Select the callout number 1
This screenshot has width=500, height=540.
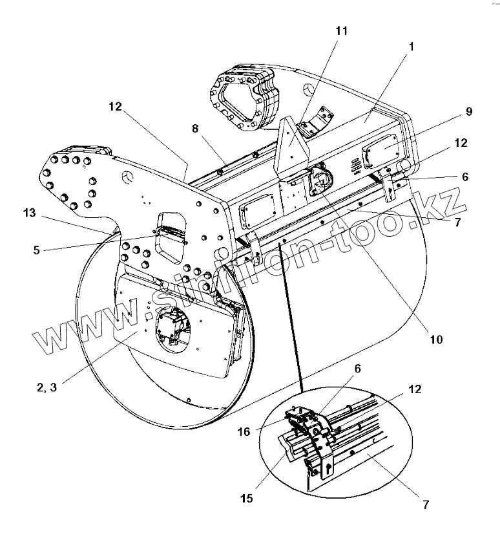[x=411, y=47]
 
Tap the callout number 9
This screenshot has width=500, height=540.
[x=468, y=111]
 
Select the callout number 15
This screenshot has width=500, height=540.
[x=248, y=499]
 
